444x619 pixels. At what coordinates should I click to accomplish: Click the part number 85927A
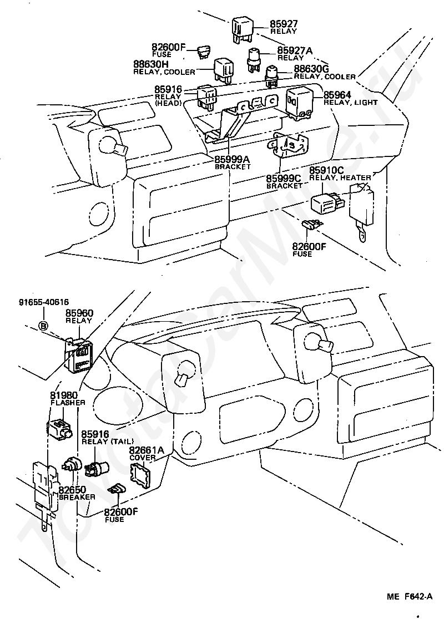point(294,50)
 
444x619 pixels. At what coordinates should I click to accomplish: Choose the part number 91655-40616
point(44,302)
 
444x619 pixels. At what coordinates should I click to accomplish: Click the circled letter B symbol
point(43,326)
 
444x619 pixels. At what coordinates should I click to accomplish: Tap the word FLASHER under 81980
point(68,403)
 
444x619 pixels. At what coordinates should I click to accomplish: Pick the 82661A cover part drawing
point(140,476)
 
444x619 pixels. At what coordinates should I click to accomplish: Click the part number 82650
point(72,490)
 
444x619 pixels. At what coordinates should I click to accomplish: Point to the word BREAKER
point(77,497)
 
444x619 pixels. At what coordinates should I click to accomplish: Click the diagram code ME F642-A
point(410,596)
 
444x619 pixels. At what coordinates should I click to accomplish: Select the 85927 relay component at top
point(242,28)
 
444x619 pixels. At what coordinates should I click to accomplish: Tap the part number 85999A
point(233,160)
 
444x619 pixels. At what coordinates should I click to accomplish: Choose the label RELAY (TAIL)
point(108,442)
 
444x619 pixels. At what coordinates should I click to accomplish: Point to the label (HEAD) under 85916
point(168,103)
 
